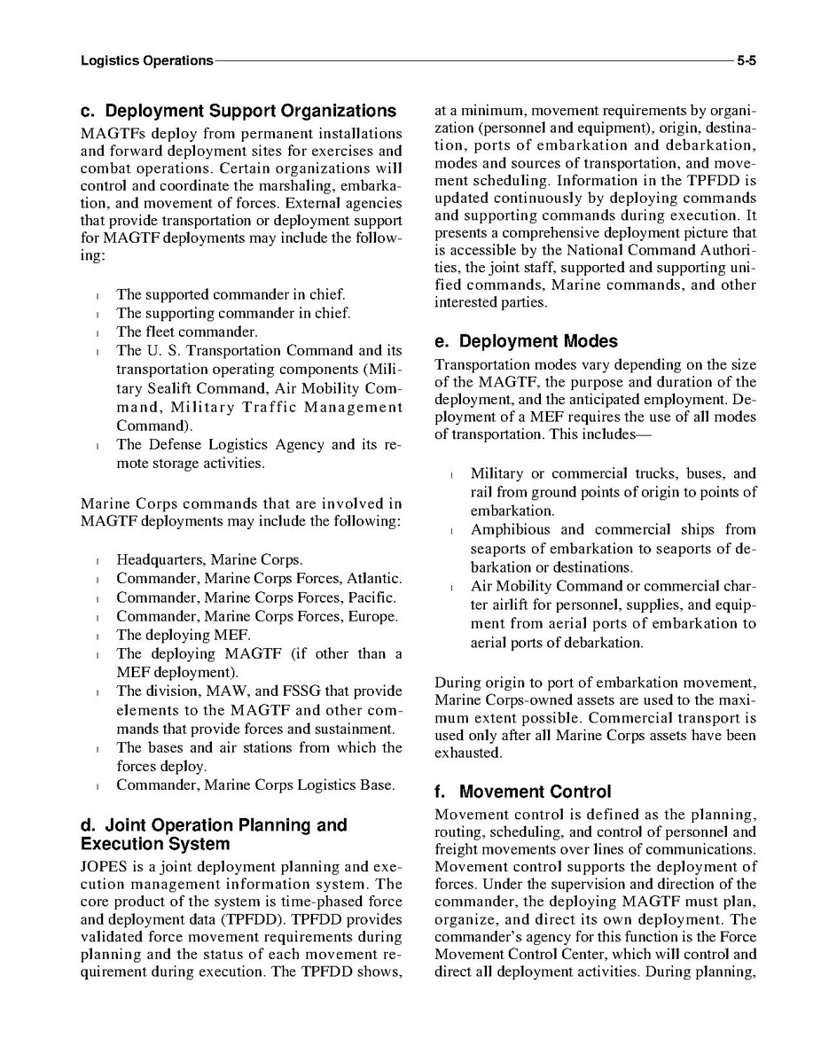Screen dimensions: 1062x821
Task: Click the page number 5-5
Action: tap(751, 61)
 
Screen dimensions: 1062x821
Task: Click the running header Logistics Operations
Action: tap(146, 61)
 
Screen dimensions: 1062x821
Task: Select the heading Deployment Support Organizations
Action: tap(238, 112)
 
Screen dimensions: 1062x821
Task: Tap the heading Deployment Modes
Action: tap(526, 341)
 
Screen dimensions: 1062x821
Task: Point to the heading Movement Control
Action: tap(523, 792)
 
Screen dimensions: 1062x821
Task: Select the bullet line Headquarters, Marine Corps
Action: tap(209, 559)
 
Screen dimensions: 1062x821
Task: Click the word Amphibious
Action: tap(511, 530)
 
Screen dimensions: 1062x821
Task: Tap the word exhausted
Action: tap(468, 754)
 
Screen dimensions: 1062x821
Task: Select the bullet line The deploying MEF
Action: tap(184, 635)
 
